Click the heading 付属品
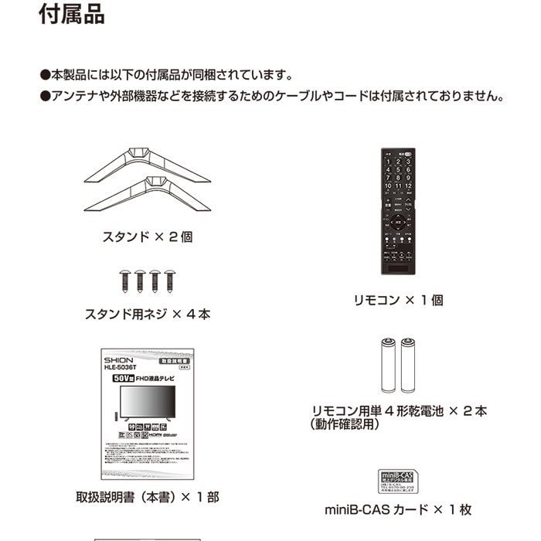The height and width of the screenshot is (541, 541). (71, 15)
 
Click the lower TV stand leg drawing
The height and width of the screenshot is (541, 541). (147, 196)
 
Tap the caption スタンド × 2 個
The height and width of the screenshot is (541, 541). (147, 237)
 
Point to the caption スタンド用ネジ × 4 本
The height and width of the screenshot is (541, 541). (147, 315)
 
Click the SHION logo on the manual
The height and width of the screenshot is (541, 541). (118, 360)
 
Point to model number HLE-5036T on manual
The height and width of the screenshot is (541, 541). (124, 369)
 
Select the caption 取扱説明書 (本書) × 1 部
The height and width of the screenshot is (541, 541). (147, 498)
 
